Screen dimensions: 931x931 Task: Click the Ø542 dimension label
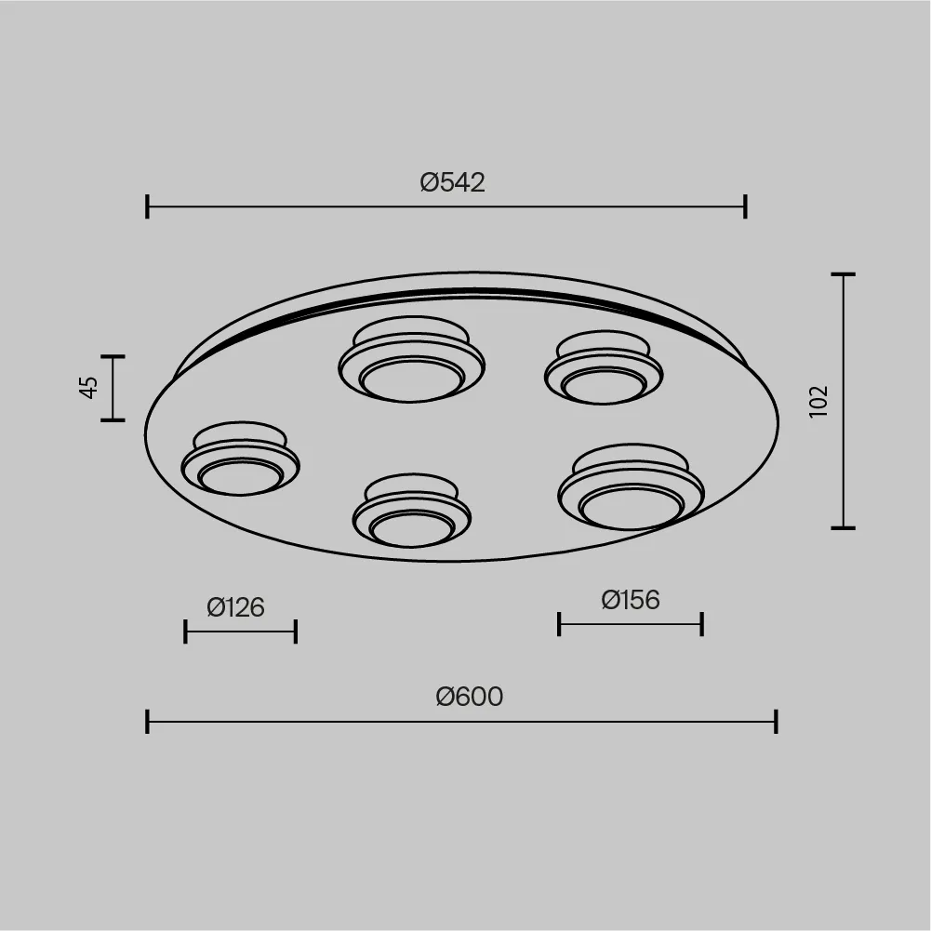[452, 182]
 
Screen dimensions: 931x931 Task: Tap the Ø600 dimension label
[469, 697]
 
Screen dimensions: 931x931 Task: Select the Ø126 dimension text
[235, 607]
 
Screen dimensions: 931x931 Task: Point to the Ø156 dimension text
[630, 600]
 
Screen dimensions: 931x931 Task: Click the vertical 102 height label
[818, 402]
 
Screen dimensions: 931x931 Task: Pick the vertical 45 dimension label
[88, 388]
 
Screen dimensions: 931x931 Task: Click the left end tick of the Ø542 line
[147, 206]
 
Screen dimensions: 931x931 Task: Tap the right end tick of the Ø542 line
[745, 206]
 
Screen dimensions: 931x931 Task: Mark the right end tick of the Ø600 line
[776, 722]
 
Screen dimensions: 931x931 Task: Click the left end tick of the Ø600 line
[147, 722]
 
